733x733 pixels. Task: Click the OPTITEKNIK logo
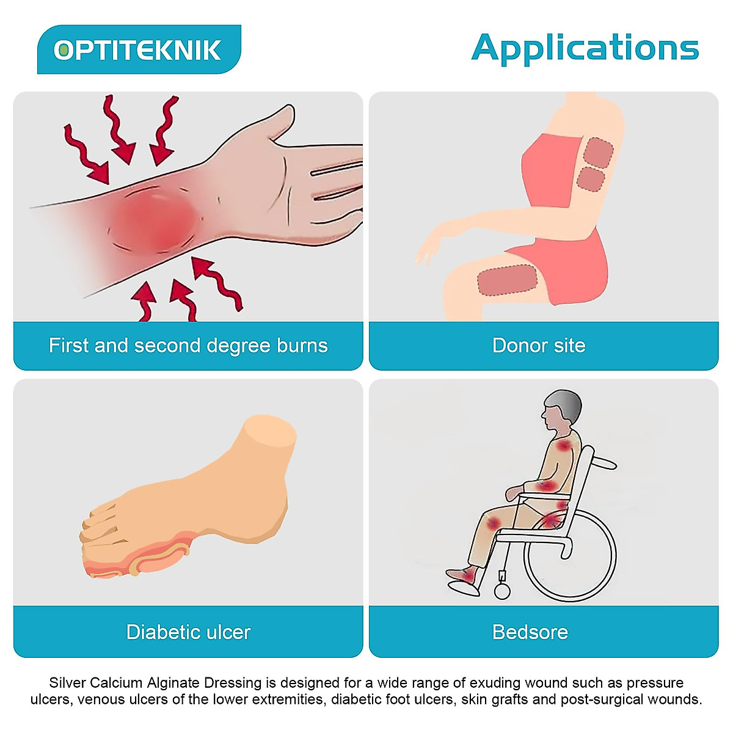(138, 50)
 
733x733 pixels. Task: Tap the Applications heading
(585, 49)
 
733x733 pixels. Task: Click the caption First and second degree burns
(188, 346)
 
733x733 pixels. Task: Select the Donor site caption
(539, 346)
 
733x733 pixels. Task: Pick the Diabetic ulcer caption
(188, 632)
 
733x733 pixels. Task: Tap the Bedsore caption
(530, 632)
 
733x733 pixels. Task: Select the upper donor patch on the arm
(599, 152)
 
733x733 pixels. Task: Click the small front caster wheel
(502, 591)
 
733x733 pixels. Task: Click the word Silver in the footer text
(65, 683)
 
